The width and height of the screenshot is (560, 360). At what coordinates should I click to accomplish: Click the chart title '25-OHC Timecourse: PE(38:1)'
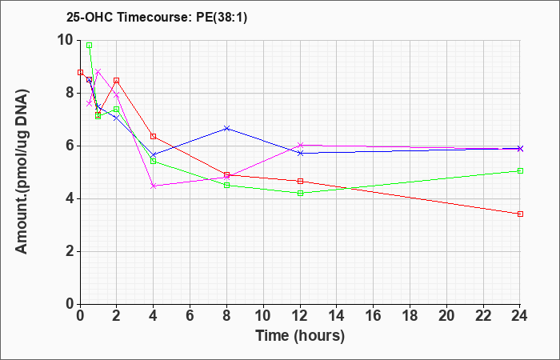157,17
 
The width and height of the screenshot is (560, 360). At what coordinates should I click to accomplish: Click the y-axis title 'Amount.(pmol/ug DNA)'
22,171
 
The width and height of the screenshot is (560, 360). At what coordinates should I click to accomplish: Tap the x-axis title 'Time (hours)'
300,336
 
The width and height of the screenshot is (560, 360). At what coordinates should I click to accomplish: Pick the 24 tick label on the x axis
519,316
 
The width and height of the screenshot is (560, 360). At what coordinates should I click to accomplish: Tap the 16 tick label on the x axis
373,316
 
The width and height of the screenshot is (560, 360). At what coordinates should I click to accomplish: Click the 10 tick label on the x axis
263,316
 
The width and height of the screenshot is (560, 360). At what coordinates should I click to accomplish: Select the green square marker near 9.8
90,46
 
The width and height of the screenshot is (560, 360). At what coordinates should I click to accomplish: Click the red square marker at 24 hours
520,214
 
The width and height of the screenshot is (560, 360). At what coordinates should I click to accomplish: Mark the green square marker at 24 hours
520,170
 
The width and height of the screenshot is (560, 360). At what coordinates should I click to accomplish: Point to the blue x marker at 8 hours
226,128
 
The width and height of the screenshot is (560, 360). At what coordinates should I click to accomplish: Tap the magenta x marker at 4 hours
154,186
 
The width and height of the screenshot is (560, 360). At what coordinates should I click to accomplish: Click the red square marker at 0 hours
80,72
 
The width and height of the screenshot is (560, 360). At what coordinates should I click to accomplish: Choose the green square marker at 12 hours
300,194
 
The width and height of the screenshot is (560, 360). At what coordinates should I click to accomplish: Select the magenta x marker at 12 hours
300,145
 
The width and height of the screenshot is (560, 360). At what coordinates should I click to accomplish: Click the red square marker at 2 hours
117,80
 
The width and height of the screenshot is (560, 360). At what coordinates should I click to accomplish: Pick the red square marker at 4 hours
154,136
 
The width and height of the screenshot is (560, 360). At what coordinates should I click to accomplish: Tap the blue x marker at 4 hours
154,155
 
